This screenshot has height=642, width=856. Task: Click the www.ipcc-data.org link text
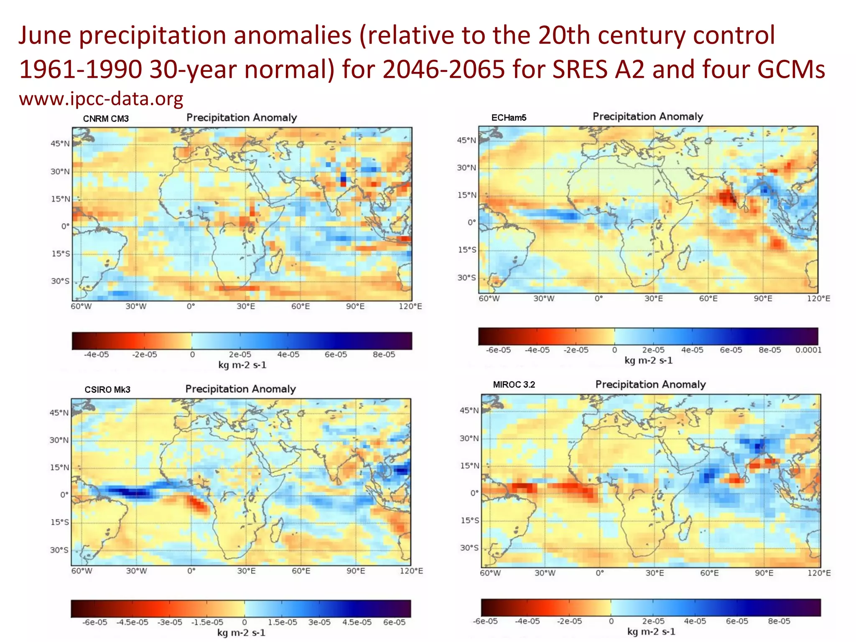[x=101, y=99]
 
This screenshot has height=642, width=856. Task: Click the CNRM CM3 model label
[x=106, y=119]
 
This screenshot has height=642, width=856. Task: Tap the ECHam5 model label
[x=509, y=118]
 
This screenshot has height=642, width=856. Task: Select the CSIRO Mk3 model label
[x=107, y=390]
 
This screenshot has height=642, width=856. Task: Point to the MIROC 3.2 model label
[x=514, y=385]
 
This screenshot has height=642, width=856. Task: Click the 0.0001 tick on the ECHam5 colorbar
[x=808, y=350]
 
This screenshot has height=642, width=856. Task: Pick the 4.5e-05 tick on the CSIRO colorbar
[x=357, y=622]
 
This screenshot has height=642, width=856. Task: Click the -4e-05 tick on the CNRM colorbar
[x=96, y=354]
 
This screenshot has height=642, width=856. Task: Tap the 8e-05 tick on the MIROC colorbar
[x=779, y=621]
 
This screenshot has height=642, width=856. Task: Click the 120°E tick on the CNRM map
[x=410, y=306]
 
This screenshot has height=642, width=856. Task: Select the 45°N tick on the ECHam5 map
[x=466, y=140]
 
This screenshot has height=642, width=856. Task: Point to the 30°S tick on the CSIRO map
[x=59, y=550]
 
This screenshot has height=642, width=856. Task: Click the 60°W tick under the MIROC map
[x=490, y=573]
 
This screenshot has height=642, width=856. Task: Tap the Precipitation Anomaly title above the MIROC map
[x=650, y=385]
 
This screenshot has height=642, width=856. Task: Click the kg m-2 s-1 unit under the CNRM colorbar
[x=242, y=365]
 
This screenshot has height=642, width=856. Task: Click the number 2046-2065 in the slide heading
[x=444, y=69]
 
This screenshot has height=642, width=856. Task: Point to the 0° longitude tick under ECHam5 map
[x=599, y=298]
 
